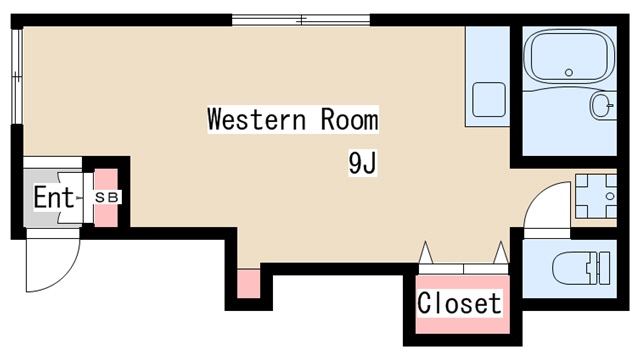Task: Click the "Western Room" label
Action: pos(293,119)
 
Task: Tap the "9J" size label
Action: pos(362,163)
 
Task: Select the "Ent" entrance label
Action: pos(53,197)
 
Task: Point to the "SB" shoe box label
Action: pos(107,198)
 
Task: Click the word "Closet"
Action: pos(459,303)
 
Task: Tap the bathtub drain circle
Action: pos(569,73)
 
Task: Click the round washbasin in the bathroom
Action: pos(602,105)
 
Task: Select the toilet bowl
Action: pos(570,268)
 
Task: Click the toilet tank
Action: pos(602,268)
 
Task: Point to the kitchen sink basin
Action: pos(489,99)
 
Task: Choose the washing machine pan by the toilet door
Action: pos(596,196)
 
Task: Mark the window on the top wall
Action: pos(301,20)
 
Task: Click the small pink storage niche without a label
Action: pos(249,284)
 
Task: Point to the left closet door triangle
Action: pos(425,253)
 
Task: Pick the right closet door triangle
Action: pos(501,253)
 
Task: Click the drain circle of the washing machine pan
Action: pos(610,196)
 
